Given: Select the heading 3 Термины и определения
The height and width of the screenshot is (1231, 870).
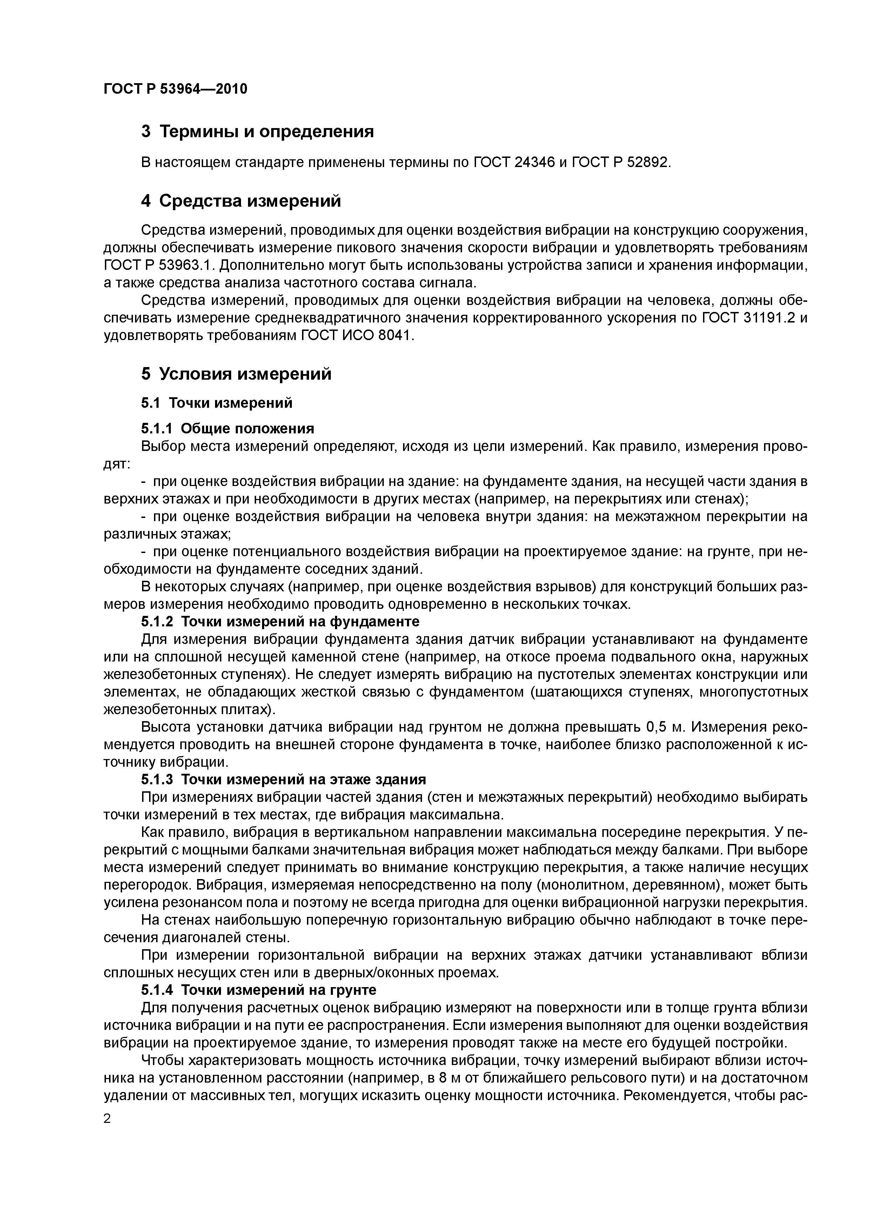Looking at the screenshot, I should click(257, 131).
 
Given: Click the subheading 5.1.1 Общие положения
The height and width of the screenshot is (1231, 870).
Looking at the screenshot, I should click(227, 428).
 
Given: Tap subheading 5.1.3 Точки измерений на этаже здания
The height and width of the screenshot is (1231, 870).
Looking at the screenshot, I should click(283, 779).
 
